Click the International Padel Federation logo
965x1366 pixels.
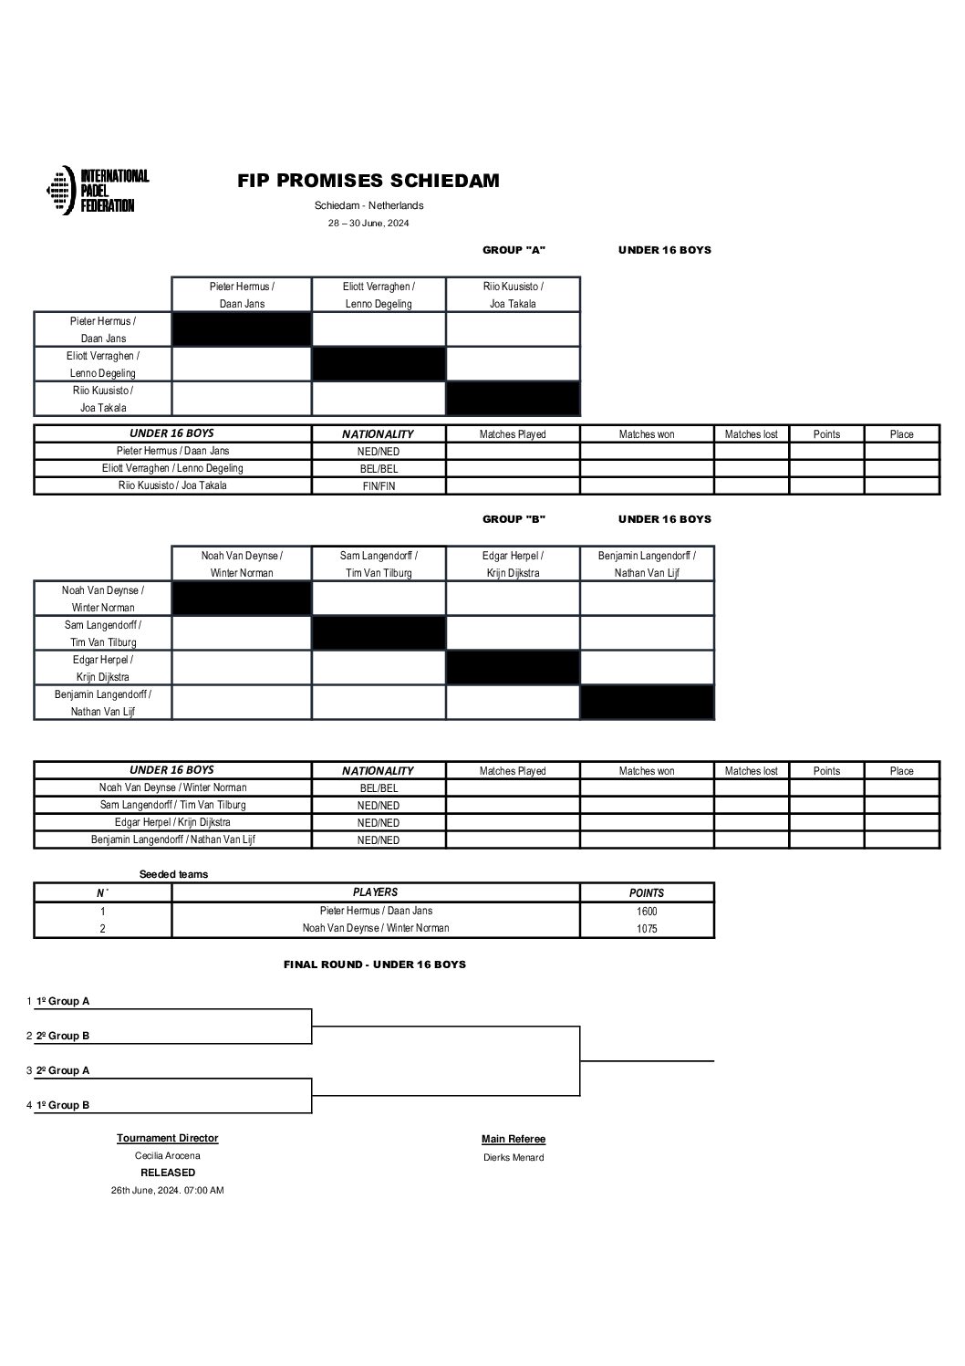click(x=98, y=191)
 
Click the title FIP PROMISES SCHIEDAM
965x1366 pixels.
click(x=368, y=181)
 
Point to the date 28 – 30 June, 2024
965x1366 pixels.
click(x=368, y=223)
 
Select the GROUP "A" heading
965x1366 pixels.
click(x=514, y=250)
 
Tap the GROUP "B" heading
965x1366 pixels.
click(x=514, y=519)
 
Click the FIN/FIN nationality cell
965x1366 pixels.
click(x=379, y=486)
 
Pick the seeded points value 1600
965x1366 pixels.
click(x=647, y=912)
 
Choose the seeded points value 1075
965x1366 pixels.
click(x=647, y=929)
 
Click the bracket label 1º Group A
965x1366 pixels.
click(x=63, y=1001)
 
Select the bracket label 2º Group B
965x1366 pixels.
click(x=63, y=1036)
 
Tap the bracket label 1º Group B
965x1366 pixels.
click(x=63, y=1105)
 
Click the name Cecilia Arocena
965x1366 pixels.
click(x=167, y=1155)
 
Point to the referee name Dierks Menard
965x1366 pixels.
click(x=514, y=1157)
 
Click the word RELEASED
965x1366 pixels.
click(x=167, y=1173)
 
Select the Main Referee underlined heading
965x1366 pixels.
click(x=514, y=1139)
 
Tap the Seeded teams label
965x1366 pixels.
click(x=173, y=874)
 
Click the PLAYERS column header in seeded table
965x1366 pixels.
click(x=375, y=892)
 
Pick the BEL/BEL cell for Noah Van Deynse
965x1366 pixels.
click(x=379, y=788)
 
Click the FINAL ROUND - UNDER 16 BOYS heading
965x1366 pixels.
click(x=375, y=965)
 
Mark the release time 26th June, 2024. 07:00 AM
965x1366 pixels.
click(x=167, y=1191)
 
